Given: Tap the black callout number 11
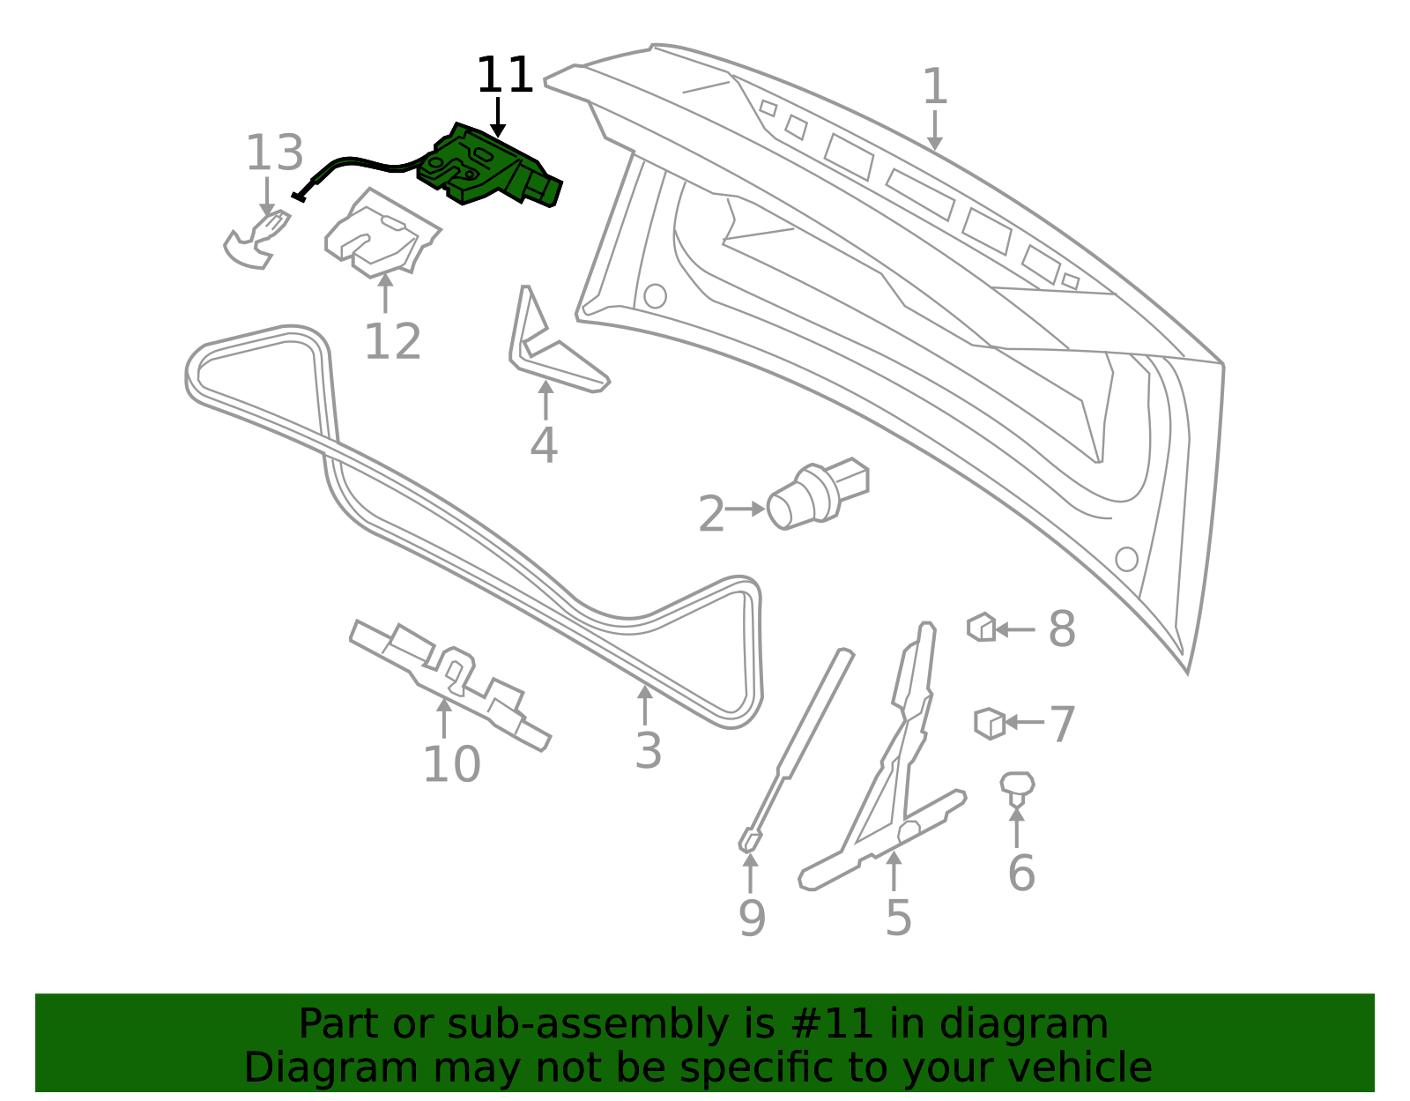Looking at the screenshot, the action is coord(505,75).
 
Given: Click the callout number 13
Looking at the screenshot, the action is coord(274,153).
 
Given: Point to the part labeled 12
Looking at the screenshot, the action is coord(382,234).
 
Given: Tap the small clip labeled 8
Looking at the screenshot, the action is coord(981,627).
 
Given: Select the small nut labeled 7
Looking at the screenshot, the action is coord(990,724).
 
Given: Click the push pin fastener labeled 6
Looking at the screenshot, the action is coord(1017,788).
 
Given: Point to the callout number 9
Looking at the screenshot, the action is coord(752,918).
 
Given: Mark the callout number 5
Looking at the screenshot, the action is coord(899,918).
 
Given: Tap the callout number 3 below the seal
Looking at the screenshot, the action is coord(649,751).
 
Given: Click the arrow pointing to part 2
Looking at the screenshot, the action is coord(745,509).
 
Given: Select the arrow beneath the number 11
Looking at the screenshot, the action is coord(498,117).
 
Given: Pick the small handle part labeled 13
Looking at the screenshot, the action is coord(256,240).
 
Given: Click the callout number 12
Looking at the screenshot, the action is coord(393,341).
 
